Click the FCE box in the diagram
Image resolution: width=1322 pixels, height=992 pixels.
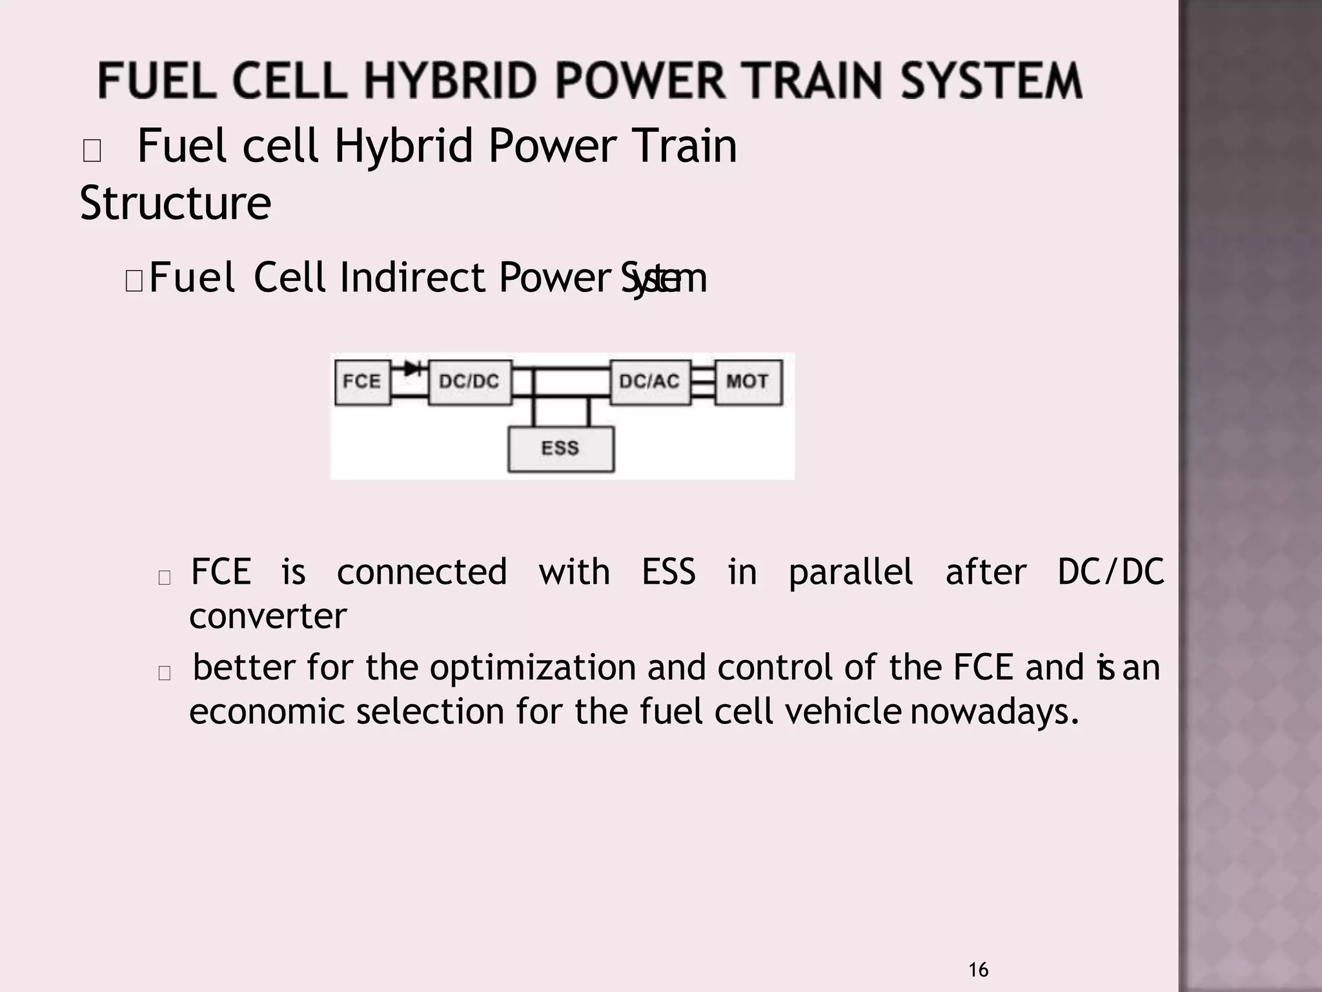pos(362,382)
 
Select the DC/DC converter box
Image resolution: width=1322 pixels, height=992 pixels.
pos(469,382)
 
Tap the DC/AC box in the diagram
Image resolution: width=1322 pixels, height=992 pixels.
pos(649,382)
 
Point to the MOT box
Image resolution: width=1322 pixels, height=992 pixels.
pos(747,382)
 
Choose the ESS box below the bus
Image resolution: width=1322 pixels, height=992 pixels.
pos(560,449)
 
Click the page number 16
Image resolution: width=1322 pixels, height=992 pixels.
pos(978,970)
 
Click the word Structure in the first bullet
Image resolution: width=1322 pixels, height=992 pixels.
pos(176,203)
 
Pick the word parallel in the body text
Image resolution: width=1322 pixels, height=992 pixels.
pos(851,573)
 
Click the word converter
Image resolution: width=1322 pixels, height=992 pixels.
pos(268,616)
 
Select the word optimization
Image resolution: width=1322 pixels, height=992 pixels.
pos(533,668)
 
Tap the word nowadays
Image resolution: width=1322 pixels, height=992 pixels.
pos(995,712)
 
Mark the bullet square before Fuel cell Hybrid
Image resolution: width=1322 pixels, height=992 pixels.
pos(92,151)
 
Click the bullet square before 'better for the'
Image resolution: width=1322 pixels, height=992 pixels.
pos(165,673)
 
